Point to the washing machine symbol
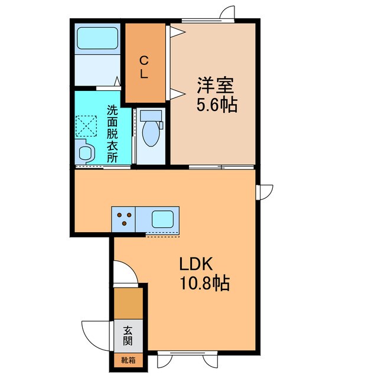coord(85,126)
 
